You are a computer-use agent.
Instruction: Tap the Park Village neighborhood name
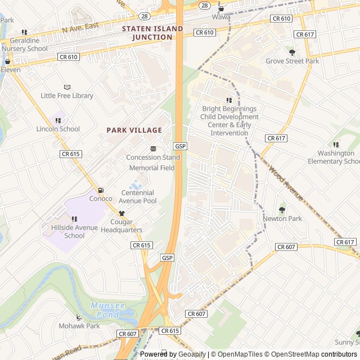[134, 130]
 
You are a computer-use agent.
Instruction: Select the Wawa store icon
[221, 8]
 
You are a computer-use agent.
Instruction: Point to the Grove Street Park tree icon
[292, 52]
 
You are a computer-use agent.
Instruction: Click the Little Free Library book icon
[67, 87]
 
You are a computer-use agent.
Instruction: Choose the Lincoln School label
[58, 129]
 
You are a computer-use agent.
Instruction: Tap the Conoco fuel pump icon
[101, 190]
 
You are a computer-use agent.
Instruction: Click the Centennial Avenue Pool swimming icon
[135, 184]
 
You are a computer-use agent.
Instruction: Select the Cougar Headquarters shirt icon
[121, 213]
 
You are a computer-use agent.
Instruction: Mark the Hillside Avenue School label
[66, 232]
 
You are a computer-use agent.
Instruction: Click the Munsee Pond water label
[106, 310]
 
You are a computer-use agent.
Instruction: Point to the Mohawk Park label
[79, 326]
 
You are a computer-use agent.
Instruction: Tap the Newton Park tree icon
[282, 210]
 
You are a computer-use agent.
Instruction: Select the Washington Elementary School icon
[336, 145]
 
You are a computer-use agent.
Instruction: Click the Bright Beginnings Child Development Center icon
[229, 100]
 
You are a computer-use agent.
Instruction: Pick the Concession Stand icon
[153, 148]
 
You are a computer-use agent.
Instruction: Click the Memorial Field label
[152, 168]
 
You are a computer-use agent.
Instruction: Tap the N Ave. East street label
[80, 28]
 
